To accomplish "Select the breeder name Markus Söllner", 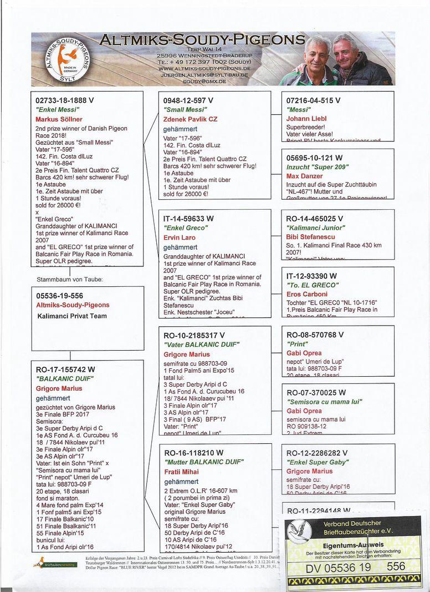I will (59, 119).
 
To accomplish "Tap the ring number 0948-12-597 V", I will (188, 100).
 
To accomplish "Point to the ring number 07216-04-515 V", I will (314, 100).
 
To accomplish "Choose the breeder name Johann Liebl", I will (306, 119).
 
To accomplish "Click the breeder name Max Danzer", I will (305, 176).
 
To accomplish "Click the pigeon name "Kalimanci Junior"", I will (316, 227).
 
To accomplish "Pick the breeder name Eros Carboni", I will (307, 294).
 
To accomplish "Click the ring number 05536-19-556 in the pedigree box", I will (59, 296).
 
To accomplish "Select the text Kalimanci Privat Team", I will (71, 315).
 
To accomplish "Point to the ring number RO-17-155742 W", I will (65, 369).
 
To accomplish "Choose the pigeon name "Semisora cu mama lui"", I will (324, 402).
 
